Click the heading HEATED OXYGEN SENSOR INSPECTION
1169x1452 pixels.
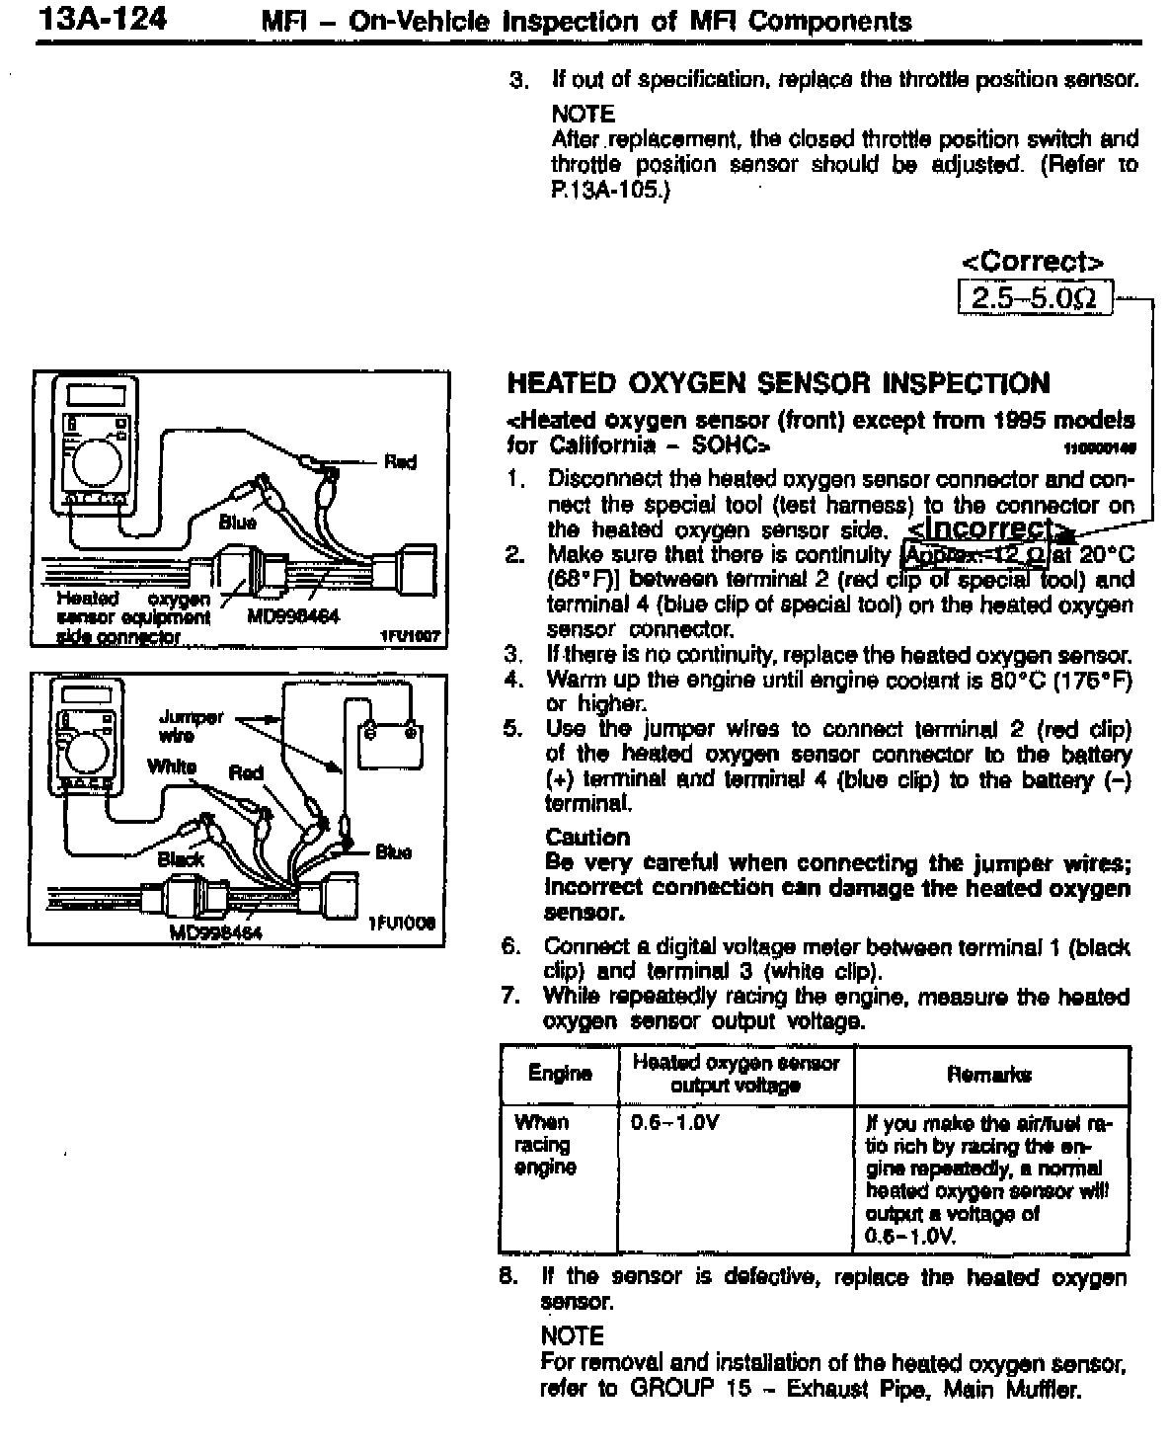click(778, 383)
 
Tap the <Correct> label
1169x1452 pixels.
click(1033, 262)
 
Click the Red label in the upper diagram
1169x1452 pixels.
click(400, 461)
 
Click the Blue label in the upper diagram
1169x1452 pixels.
click(237, 523)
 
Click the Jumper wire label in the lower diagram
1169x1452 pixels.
click(191, 726)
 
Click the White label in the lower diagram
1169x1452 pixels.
click(172, 766)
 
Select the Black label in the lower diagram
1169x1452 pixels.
click(181, 859)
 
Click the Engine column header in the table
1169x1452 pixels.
click(560, 1074)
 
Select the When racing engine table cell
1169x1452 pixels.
click(545, 1145)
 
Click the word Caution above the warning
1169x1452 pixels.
click(587, 838)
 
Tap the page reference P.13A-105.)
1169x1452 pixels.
click(609, 190)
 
